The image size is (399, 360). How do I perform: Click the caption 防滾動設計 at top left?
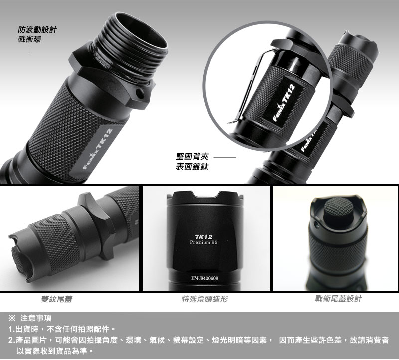coord(37,30)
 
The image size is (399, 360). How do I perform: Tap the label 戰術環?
coord(29,39)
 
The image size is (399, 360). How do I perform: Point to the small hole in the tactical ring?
coord(140,93)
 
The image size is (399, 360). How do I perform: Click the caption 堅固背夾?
coord(192,156)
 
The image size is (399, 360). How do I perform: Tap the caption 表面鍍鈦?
coord(192,167)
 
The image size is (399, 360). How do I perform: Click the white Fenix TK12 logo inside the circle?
coord(284,103)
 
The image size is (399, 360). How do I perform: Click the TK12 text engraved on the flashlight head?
coord(203,237)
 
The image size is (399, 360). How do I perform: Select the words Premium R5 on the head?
coord(204,242)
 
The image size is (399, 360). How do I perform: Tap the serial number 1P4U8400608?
coord(204,278)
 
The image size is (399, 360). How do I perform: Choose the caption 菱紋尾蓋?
coord(57,299)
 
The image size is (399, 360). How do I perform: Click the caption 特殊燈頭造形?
coord(204,299)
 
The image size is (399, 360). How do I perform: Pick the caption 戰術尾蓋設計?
coord(338,299)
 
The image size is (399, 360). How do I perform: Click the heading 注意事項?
coord(36,318)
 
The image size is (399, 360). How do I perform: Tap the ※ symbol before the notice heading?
coord(12,318)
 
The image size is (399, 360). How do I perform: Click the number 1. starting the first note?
coord(12,329)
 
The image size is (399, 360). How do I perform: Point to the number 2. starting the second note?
coord(12,340)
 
